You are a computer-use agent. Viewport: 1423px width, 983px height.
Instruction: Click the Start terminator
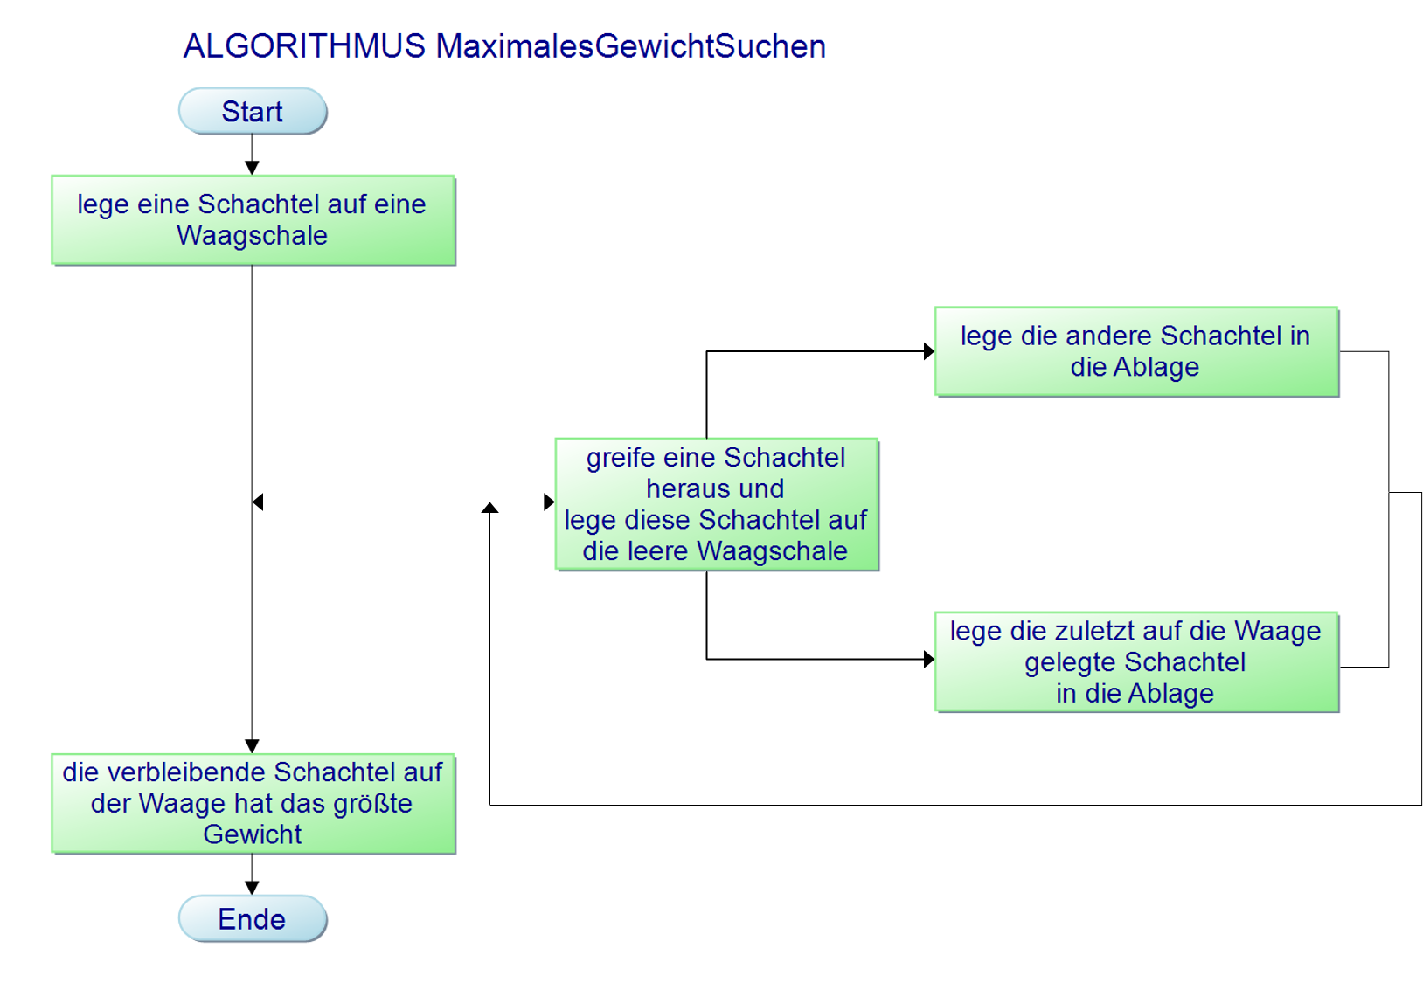253,111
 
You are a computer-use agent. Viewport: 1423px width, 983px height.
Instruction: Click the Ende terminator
253,918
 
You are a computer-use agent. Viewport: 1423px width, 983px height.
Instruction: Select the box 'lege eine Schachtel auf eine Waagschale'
253,219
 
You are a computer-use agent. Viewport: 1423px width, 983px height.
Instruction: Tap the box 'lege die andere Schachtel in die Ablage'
1135,351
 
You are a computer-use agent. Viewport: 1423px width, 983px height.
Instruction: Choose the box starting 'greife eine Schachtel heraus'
716,504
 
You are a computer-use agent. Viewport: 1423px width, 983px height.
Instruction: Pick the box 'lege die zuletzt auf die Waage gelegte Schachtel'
1135,661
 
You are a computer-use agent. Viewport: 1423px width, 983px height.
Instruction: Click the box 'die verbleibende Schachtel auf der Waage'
253,803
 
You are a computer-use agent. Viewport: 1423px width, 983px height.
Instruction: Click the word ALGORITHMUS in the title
304,46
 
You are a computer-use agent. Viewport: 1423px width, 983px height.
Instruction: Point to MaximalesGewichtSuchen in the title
630,46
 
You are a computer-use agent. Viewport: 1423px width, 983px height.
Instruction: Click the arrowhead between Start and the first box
253,168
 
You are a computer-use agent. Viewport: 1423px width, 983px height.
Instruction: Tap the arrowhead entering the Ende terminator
253,888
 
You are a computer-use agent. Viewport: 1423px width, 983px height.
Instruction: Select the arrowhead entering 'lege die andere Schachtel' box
929,351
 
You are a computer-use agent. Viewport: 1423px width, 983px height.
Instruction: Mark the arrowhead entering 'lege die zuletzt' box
929,659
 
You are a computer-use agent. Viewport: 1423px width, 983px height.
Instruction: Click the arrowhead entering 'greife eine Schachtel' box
549,502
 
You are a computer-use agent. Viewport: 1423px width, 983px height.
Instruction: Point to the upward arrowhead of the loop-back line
490,508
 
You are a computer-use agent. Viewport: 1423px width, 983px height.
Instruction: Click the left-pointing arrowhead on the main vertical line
258,502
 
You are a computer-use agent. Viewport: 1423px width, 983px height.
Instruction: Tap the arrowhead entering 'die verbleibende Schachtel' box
253,746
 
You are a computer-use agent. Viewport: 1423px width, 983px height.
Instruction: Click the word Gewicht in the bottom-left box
253,834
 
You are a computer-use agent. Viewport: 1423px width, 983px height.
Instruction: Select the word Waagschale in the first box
253,235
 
